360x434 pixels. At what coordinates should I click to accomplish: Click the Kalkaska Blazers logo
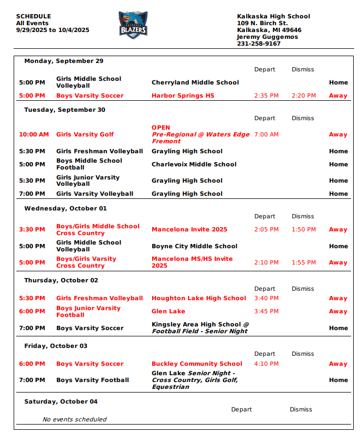pyautogui.click(x=133, y=25)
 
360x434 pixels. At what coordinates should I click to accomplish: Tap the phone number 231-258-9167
pyautogui.click(x=259, y=44)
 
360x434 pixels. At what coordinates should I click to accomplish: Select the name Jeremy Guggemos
pyautogui.click(x=267, y=37)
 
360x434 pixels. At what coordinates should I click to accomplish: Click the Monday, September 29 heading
pyautogui.click(x=63, y=61)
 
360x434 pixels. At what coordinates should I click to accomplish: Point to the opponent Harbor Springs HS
pyautogui.click(x=183, y=96)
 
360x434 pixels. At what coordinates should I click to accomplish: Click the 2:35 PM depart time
pyautogui.click(x=266, y=96)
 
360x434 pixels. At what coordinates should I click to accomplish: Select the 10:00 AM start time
pyautogui.click(x=34, y=134)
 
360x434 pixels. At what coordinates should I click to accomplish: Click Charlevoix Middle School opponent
pyautogui.click(x=194, y=164)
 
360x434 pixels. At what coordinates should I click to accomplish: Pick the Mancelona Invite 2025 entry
pyautogui.click(x=189, y=229)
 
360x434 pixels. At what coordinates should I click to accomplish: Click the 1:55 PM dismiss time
pyautogui.click(x=304, y=262)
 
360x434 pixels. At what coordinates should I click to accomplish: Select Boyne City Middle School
pyautogui.click(x=194, y=246)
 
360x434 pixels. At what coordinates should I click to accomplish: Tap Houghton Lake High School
pyautogui.click(x=198, y=298)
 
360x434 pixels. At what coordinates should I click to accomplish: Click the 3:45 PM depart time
pyautogui.click(x=266, y=311)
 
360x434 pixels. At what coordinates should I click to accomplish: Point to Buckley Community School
pyautogui.click(x=197, y=364)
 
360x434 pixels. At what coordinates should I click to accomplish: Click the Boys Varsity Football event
pyautogui.click(x=92, y=380)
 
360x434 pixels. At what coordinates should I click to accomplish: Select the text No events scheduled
pyautogui.click(x=75, y=419)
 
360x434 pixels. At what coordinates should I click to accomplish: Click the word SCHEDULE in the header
pyautogui.click(x=34, y=16)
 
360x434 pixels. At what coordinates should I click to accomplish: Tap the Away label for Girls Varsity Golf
pyautogui.click(x=338, y=134)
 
